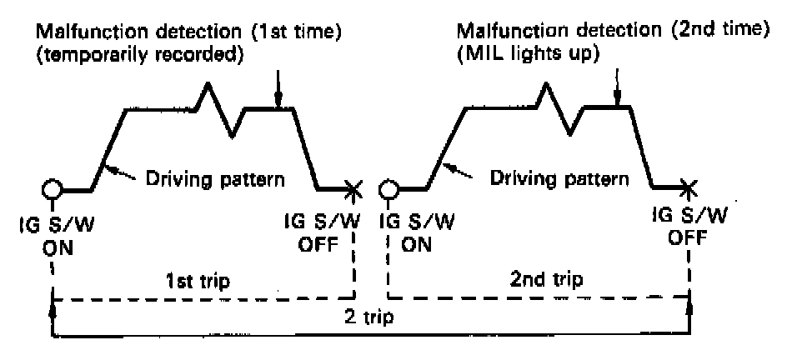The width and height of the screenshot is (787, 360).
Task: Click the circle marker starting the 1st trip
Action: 54,187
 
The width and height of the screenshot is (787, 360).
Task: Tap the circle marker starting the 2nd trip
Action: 387,187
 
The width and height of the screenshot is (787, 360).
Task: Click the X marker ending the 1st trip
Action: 353,189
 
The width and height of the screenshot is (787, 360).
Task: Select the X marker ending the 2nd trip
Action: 689,187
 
